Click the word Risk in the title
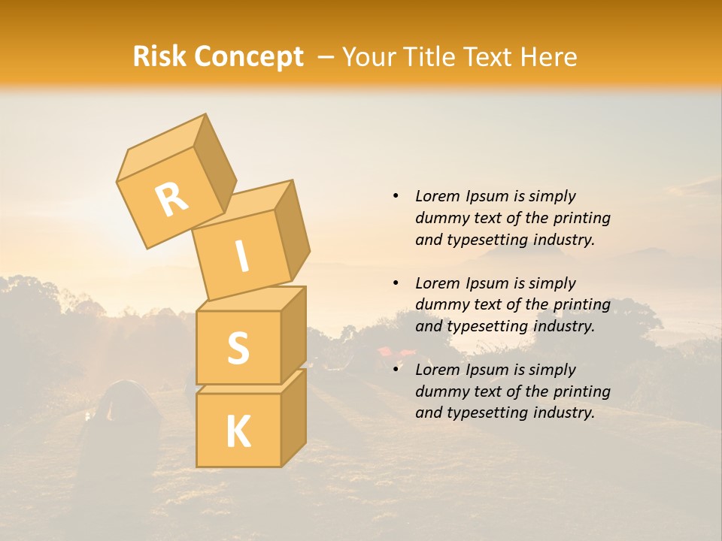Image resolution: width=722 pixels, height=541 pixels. pos(159,57)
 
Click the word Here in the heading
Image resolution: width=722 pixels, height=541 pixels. pos(548,57)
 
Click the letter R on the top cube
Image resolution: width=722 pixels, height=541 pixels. pos(171,199)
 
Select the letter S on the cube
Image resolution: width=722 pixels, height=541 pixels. pos(238,348)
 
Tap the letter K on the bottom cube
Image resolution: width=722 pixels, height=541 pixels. pos(238,431)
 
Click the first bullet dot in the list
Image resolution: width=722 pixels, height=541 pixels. pos(396,196)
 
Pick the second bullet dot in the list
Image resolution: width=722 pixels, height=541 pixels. pos(396,283)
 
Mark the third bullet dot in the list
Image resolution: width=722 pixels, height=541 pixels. pos(396,370)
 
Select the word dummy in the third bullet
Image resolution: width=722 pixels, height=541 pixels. pos(438,391)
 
